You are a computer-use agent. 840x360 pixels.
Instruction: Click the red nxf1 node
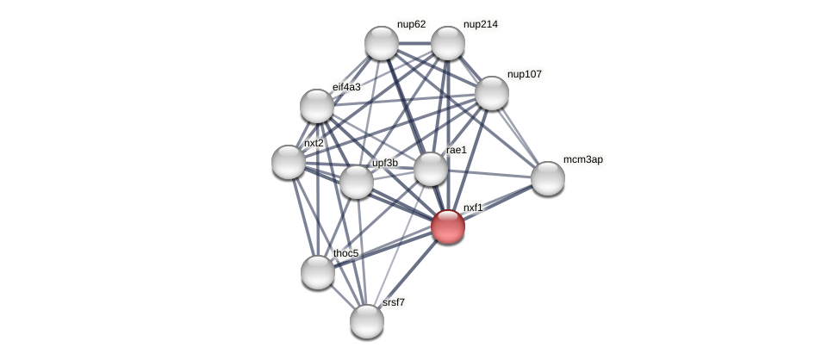click(x=448, y=227)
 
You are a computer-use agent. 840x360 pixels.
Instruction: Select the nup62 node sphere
click(x=382, y=43)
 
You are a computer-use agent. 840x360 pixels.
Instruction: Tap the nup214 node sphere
click(x=448, y=43)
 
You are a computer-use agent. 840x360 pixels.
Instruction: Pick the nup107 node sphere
click(x=492, y=93)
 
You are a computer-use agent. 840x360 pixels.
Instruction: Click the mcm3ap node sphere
click(x=548, y=178)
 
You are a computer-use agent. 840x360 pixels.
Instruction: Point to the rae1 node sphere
click(x=431, y=169)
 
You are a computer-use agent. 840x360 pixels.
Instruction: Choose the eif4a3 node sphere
click(x=317, y=106)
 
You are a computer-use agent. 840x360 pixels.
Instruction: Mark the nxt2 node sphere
click(x=289, y=162)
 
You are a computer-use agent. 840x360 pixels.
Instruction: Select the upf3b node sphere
click(x=357, y=182)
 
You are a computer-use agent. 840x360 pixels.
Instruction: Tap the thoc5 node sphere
click(x=318, y=272)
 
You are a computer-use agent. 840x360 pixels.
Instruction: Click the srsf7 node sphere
click(x=367, y=321)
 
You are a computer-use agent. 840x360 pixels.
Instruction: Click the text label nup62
click(x=411, y=24)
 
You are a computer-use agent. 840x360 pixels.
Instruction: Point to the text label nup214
click(x=480, y=24)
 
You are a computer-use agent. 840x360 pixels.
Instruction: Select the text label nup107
click(x=524, y=74)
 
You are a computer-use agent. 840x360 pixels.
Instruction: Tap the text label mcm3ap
click(x=582, y=159)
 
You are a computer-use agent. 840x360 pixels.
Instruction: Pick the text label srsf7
click(x=394, y=302)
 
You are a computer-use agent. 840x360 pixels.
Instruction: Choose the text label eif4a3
click(x=346, y=87)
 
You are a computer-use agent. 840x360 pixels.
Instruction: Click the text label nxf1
click(x=473, y=208)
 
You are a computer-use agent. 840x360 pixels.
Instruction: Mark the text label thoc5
click(x=345, y=253)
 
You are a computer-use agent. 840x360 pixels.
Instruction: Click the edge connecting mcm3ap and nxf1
click(x=498, y=202)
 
